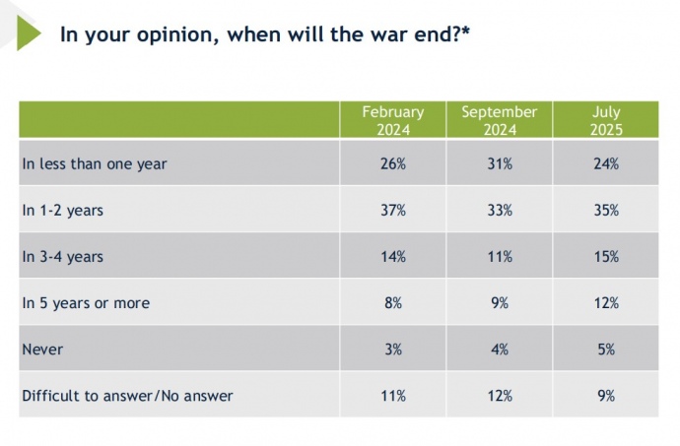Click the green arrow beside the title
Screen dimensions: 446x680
[x=28, y=33]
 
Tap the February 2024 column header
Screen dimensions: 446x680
[x=392, y=120]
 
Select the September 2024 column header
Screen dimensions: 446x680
[x=500, y=120]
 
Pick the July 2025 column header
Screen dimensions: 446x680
[x=606, y=120]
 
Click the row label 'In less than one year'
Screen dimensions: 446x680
[x=95, y=164]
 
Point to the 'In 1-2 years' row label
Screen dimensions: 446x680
[x=62, y=211]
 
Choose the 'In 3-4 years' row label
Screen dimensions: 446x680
[x=62, y=257]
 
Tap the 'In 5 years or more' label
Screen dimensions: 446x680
[x=86, y=303]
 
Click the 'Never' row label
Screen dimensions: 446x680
[x=41, y=350]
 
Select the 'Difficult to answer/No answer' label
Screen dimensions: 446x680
[x=127, y=396]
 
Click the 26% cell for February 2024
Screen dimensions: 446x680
[x=392, y=164]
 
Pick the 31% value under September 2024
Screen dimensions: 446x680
[x=500, y=164]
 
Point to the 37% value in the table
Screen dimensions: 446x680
[x=392, y=211]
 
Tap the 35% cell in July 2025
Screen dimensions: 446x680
[x=606, y=211]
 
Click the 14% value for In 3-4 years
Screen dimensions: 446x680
[x=392, y=257]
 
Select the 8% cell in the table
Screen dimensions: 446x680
[x=392, y=303]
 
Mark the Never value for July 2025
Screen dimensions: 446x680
[x=606, y=350]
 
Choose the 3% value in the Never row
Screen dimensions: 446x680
[x=392, y=350]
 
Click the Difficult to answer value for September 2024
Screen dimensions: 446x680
[x=500, y=396]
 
